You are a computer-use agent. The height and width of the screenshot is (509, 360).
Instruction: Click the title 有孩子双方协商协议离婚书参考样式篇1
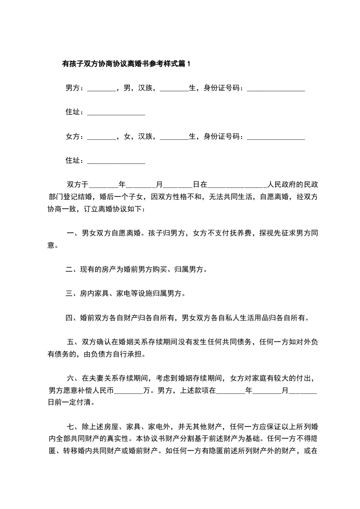126,64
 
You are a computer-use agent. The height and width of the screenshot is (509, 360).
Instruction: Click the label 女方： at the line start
75,136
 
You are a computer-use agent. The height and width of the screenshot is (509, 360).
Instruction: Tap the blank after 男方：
101,89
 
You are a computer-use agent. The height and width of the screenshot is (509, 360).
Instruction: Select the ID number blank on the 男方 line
276,89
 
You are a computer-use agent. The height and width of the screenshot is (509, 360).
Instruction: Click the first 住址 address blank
116,113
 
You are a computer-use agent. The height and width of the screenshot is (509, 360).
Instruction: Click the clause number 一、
73,234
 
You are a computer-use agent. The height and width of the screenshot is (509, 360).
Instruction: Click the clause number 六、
73,378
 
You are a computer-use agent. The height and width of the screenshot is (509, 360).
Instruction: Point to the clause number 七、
73,426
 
